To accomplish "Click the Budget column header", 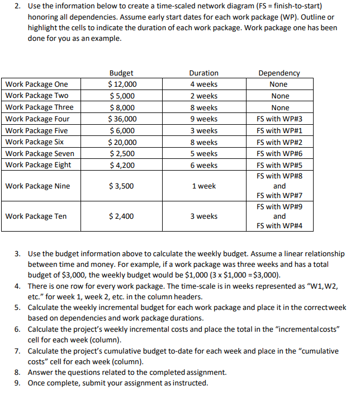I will pos(121,73).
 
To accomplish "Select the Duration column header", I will pos(203,73).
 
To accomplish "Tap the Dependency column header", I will pos(279,73).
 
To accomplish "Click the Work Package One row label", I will pos(37,84).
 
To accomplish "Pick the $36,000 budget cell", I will pos(122,119).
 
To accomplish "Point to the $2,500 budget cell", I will pos(121,153).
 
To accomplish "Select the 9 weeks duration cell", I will pos(203,119).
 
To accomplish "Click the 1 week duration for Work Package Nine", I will pos(203,186).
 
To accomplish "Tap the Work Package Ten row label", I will pos(36,216).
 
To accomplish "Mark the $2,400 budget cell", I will pos(121,216).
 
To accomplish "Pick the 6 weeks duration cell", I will pos(203,165).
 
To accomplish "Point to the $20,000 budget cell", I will pos(122,142).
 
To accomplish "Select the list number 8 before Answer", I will pos(17,373).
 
